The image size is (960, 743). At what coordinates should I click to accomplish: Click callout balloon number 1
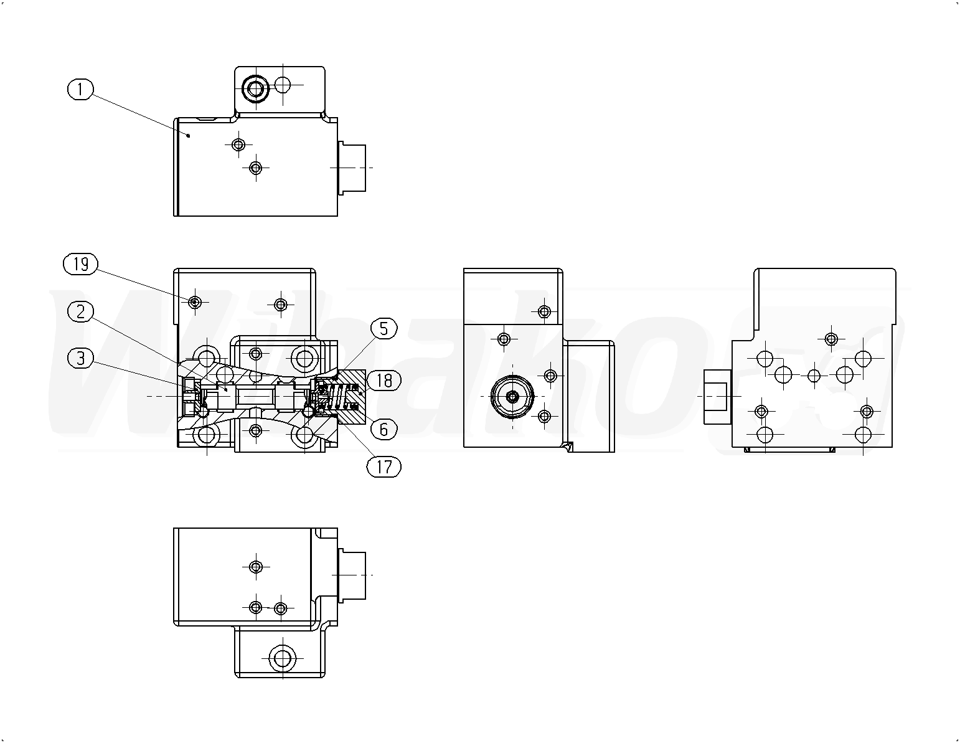80,89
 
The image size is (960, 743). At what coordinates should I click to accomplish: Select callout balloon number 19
80,264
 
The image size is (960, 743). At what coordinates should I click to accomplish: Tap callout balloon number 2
80,312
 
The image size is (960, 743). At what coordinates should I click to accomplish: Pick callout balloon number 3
80,358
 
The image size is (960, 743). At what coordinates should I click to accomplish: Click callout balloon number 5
384,329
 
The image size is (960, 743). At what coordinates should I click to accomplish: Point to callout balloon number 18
384,381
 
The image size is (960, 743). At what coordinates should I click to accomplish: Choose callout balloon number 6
384,429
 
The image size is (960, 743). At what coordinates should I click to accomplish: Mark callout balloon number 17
384,467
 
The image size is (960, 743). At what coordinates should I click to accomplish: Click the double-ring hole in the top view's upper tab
255,90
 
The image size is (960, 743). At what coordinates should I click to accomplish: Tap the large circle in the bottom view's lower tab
282,658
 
